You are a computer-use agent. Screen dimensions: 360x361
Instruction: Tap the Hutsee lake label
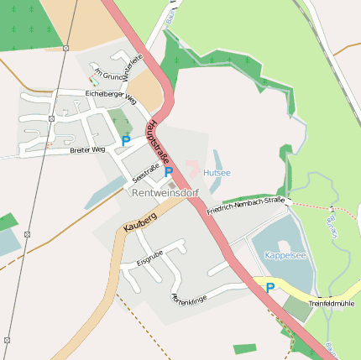(x=217, y=172)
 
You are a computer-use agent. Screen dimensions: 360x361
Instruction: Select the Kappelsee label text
(x=285, y=254)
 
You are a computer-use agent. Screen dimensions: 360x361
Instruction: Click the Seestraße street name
(x=146, y=172)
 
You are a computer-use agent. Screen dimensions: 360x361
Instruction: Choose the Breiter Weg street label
(x=87, y=149)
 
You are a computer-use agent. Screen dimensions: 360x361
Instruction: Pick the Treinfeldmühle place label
(x=332, y=303)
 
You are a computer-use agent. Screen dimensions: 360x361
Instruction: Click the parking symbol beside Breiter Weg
(x=126, y=141)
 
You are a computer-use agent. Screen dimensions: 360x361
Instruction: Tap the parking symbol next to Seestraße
(x=169, y=172)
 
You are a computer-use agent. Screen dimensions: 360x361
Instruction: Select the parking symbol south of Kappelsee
(x=269, y=288)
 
